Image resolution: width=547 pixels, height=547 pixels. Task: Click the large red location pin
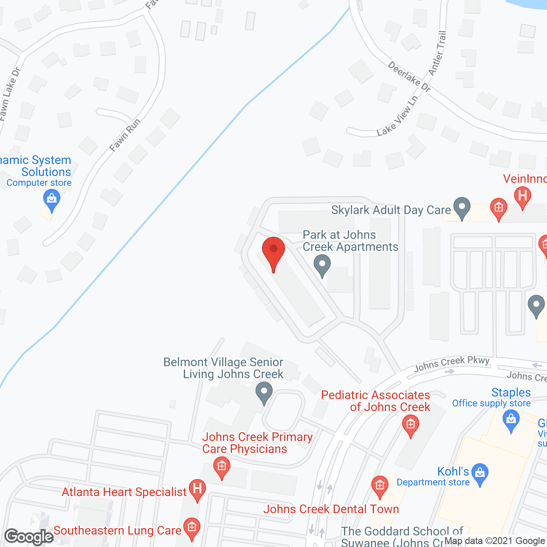273,252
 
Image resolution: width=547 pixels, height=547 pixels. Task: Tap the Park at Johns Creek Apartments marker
322,265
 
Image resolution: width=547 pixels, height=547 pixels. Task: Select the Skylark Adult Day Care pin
462,208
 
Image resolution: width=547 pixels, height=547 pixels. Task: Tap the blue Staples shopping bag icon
511,420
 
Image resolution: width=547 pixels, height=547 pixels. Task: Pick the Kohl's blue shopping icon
480,473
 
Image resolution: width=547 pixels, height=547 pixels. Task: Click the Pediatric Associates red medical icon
411,426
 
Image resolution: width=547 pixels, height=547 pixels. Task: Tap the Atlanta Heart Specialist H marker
197,489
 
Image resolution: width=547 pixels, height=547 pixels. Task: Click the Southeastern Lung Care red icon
191,528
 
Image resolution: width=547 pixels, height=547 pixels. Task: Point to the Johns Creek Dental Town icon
379,486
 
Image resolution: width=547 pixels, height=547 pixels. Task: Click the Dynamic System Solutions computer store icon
52,200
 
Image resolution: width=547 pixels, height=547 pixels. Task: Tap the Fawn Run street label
124,135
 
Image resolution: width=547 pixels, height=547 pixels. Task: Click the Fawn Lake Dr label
10,94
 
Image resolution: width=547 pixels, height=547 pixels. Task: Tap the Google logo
29,537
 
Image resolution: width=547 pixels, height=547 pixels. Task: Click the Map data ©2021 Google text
495,541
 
